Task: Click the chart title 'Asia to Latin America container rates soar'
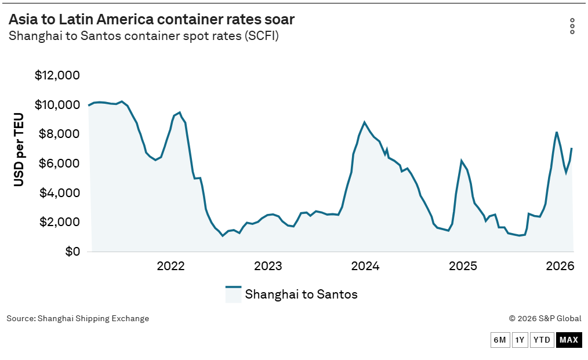coord(151,19)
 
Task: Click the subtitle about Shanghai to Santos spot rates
coord(144,36)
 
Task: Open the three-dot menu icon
coord(572,26)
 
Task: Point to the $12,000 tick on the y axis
coord(57,75)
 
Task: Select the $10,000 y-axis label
coord(57,104)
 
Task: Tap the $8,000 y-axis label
coord(59,134)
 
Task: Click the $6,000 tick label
coord(59,163)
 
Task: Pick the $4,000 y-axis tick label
coord(59,192)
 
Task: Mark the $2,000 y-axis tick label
coord(59,222)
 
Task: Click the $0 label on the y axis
coord(72,251)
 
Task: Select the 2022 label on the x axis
coord(170,266)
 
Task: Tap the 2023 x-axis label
coord(268,266)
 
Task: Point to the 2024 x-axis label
coord(365,266)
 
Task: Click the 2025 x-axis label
coord(463,266)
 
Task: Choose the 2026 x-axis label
coord(560,266)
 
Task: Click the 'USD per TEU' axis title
coord(19,150)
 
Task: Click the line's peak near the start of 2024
coord(364,122)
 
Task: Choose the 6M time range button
coord(500,340)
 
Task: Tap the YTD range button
coord(542,340)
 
